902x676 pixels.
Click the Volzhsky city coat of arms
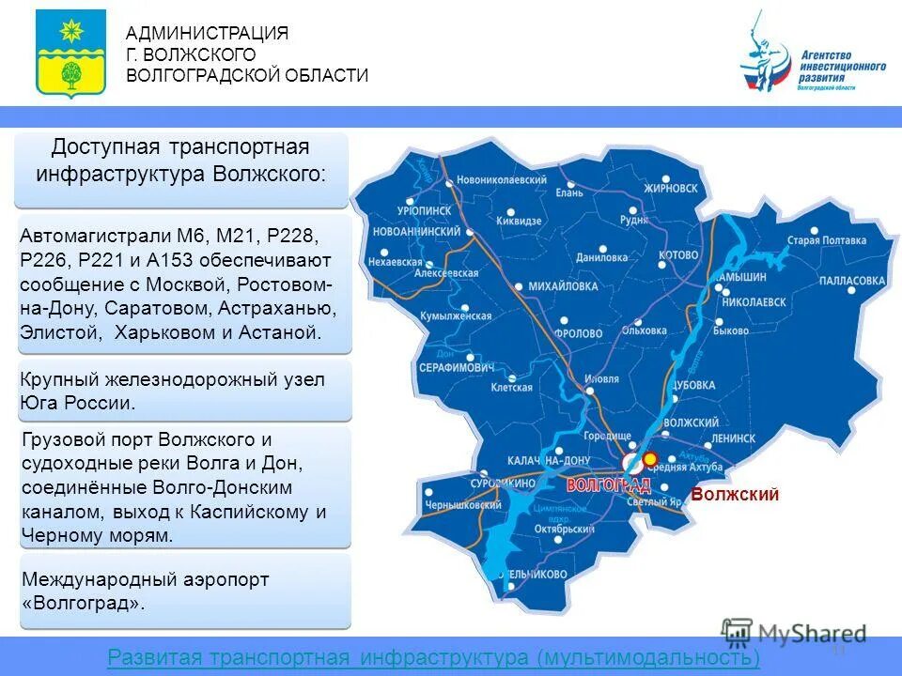(x=70, y=54)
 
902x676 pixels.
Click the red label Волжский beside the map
(x=735, y=495)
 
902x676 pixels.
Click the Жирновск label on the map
(x=671, y=188)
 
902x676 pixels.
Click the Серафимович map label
(x=456, y=367)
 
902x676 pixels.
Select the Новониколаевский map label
(x=502, y=180)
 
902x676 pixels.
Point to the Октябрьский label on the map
(x=560, y=529)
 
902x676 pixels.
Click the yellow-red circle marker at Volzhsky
(x=649, y=458)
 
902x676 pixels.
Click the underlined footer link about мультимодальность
(x=434, y=658)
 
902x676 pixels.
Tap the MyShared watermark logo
(x=794, y=634)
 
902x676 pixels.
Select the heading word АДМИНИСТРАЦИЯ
(x=207, y=34)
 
